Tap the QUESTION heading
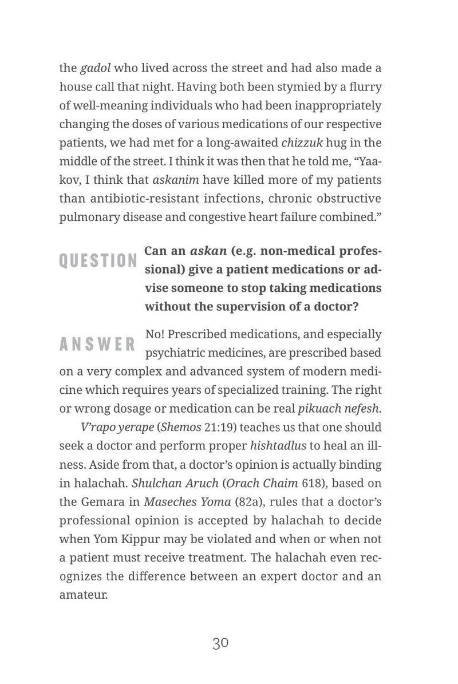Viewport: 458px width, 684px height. tap(98, 260)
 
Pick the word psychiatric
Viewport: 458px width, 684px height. tap(175, 352)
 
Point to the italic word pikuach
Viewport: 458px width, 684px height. tap(318, 409)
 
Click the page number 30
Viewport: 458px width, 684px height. tap(221, 643)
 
